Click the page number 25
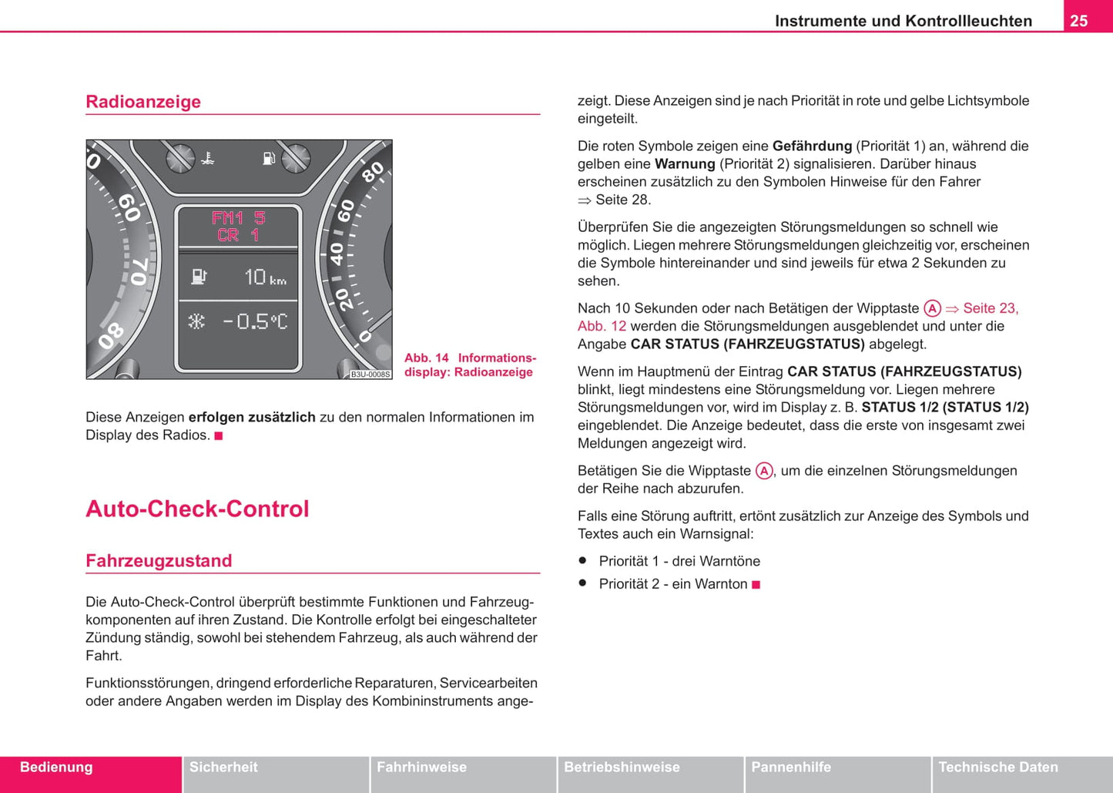pyautogui.click(x=1078, y=21)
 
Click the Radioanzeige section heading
pyautogui.click(x=143, y=102)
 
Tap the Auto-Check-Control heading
pyautogui.click(x=197, y=509)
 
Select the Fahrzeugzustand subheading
pyautogui.click(x=159, y=560)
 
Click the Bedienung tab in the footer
pyautogui.click(x=56, y=768)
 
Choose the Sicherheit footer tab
pyautogui.click(x=223, y=768)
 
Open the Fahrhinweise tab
pyautogui.click(x=421, y=768)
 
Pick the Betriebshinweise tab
pyautogui.click(x=622, y=768)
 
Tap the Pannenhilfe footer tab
pyautogui.click(x=791, y=768)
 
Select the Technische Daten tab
pyautogui.click(x=998, y=768)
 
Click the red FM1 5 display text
pyautogui.click(x=238, y=218)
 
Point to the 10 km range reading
pyautogui.click(x=265, y=277)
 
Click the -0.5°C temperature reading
pyautogui.click(x=255, y=321)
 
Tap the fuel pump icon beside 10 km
pyautogui.click(x=199, y=276)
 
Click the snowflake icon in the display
pyautogui.click(x=196, y=321)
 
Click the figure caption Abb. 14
pyautogui.click(x=427, y=358)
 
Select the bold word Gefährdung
pyautogui.click(x=812, y=146)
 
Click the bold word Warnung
pyautogui.click(x=685, y=164)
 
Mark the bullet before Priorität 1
pyautogui.click(x=583, y=560)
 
